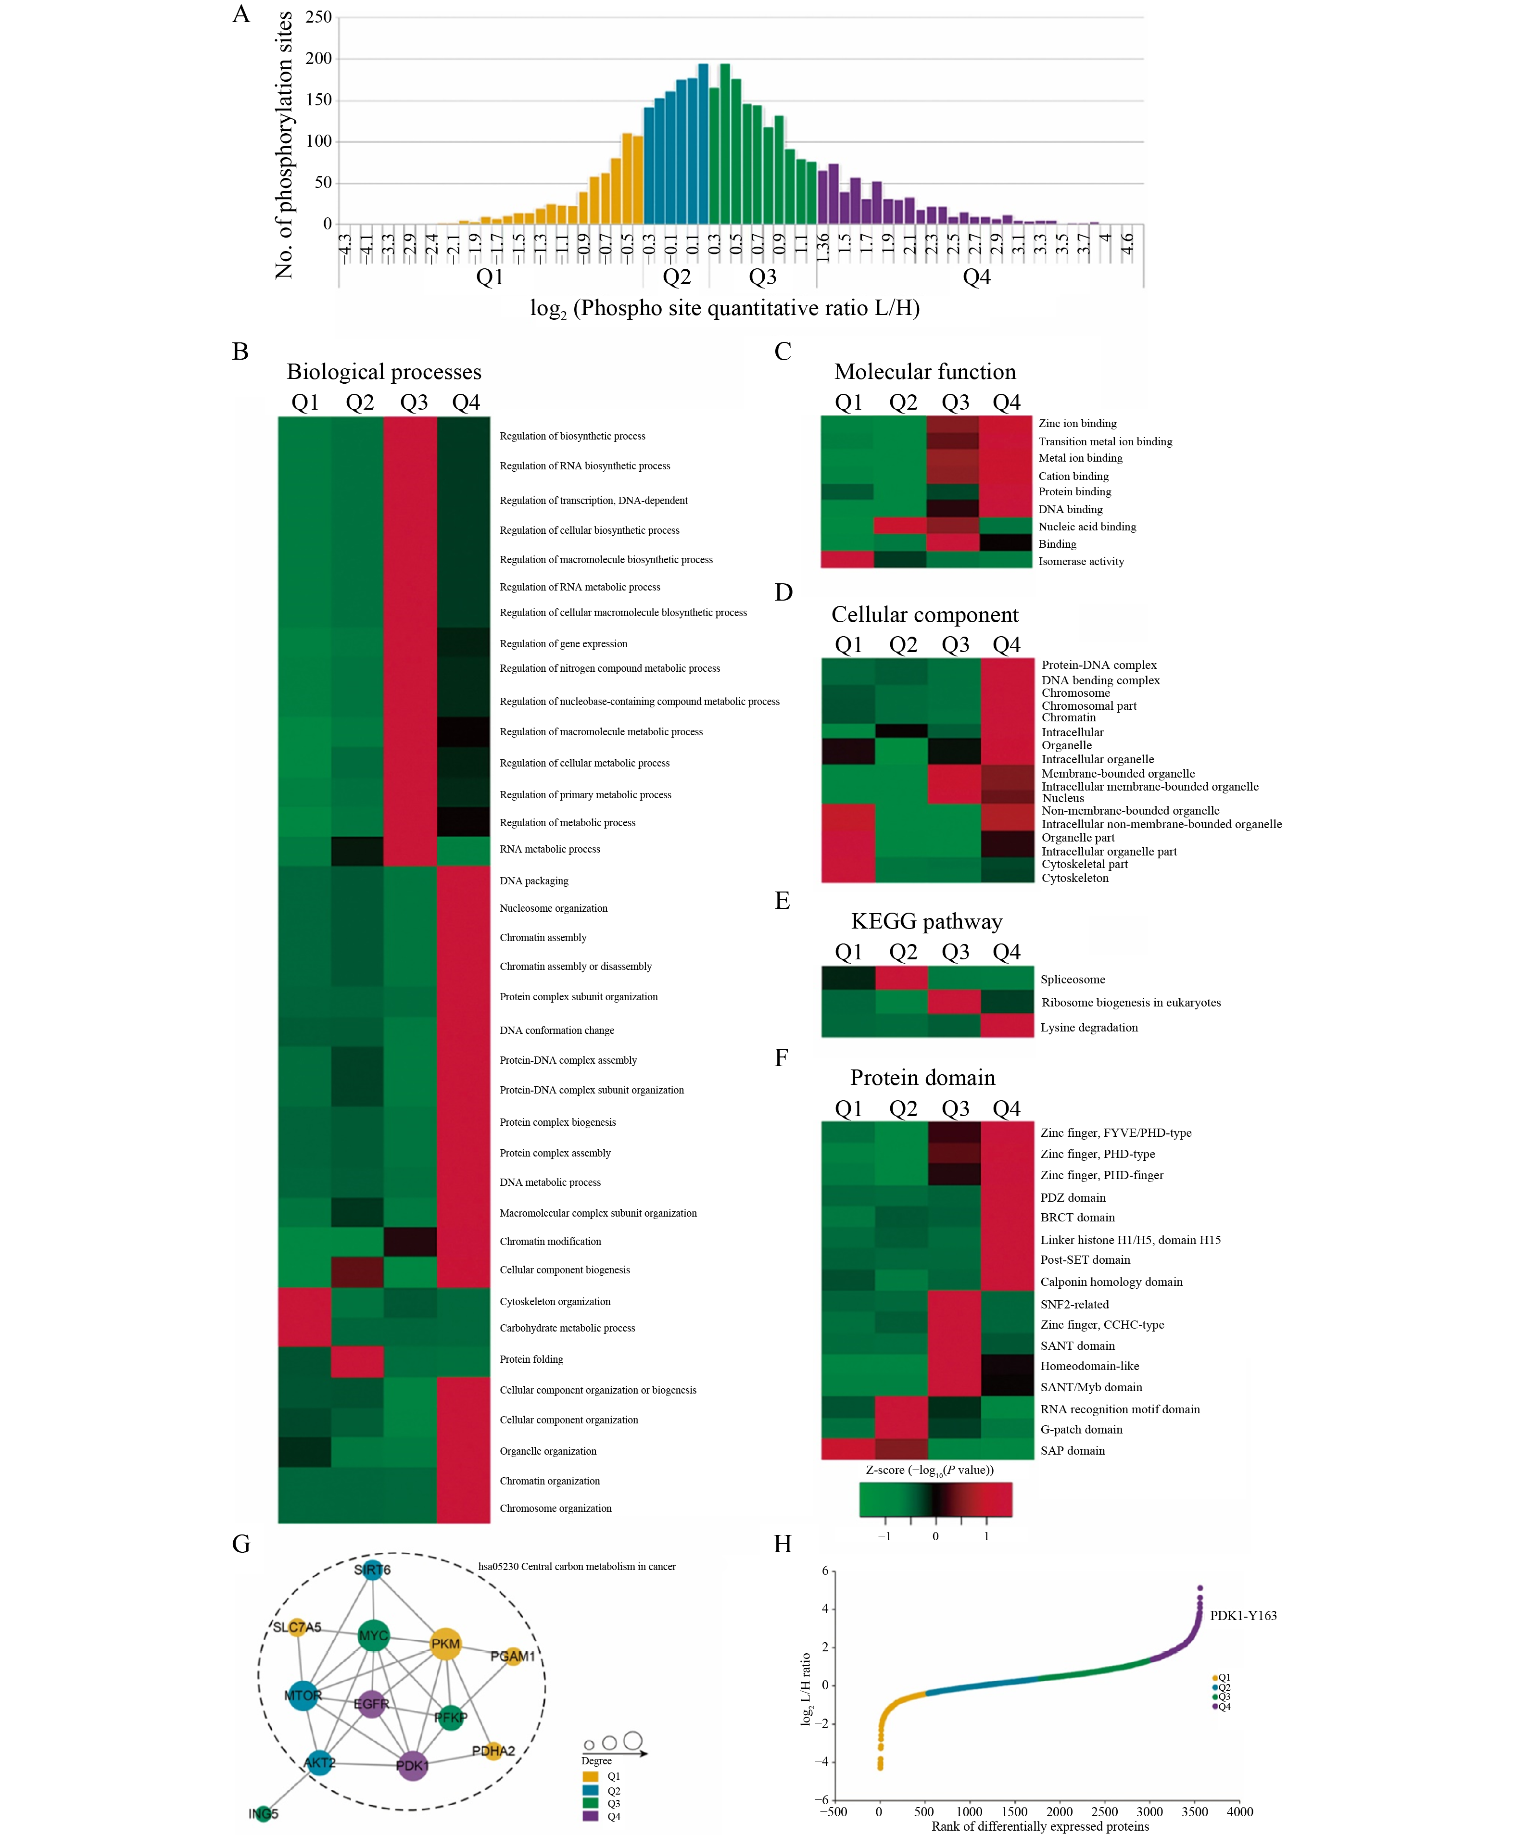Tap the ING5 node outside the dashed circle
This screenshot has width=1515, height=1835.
264,1813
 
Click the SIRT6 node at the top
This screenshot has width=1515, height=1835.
373,1570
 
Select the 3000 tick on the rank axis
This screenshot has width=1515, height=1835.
1149,1811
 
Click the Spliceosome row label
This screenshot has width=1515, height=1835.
1073,979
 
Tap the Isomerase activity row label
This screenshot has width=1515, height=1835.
1080,561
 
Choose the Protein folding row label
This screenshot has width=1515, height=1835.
531,1358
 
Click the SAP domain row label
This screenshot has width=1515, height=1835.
1073,1450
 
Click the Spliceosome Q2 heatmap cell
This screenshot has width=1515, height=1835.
901,978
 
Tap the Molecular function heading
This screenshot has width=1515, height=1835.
925,372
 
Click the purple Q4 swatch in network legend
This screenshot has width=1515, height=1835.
591,1816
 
